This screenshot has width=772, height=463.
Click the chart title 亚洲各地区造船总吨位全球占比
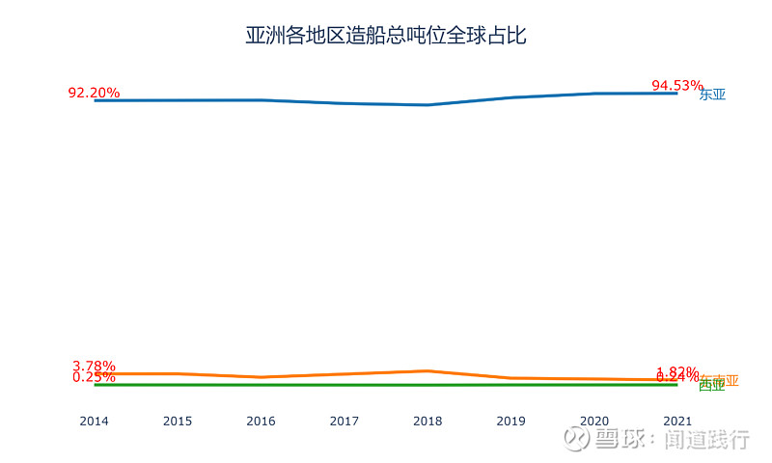pyautogui.click(x=385, y=37)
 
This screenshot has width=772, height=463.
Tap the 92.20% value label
pyautogui.click(x=94, y=93)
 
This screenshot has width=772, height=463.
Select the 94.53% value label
pyautogui.click(x=676, y=86)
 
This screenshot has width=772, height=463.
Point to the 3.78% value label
pyautogui.click(x=94, y=367)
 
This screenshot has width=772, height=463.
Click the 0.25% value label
pyautogui.click(x=94, y=377)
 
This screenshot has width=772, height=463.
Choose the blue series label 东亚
pyautogui.click(x=712, y=95)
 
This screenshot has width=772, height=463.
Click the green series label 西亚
pyautogui.click(x=711, y=386)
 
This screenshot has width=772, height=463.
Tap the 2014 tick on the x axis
pyautogui.click(x=94, y=421)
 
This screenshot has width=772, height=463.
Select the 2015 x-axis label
pyautogui.click(x=178, y=421)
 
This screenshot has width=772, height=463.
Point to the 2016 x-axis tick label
pyautogui.click(x=261, y=421)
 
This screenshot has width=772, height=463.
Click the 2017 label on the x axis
pyautogui.click(x=345, y=421)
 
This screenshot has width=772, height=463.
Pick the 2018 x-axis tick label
pyautogui.click(x=427, y=421)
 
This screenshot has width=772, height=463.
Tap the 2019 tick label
pyautogui.click(x=510, y=421)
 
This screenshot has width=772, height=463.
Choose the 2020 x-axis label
pyautogui.click(x=594, y=421)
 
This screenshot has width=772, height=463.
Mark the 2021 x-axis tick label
pyautogui.click(x=677, y=421)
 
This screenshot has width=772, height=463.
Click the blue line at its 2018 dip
pyautogui.click(x=427, y=104)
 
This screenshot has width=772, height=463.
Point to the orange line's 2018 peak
pyautogui.click(x=427, y=370)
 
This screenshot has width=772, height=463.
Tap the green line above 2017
pyautogui.click(x=345, y=385)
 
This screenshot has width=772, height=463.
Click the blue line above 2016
pyautogui.click(x=261, y=100)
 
